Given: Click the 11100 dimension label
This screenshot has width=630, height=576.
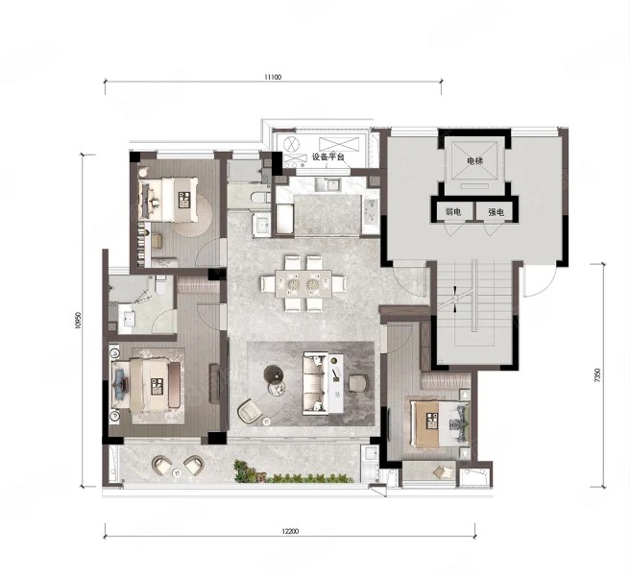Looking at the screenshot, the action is [x=273, y=77].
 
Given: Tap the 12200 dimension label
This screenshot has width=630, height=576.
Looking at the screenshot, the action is [x=290, y=531].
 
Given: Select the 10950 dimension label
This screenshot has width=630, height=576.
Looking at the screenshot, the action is [x=78, y=321].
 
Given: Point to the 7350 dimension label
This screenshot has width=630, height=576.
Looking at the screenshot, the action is [x=597, y=375].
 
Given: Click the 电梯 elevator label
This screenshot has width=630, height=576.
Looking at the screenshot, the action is [x=474, y=161].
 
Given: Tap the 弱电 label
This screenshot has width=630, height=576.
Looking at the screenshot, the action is [x=453, y=212].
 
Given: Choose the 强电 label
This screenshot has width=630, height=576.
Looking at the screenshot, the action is [x=497, y=212].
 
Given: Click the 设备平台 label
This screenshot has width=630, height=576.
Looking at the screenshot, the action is [x=328, y=156].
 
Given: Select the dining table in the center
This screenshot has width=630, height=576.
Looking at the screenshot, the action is [x=303, y=284].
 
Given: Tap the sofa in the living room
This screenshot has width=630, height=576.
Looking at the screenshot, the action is [x=315, y=383].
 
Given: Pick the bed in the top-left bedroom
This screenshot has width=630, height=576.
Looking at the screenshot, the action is [x=168, y=200].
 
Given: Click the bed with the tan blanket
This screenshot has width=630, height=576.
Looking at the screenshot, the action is [x=440, y=424].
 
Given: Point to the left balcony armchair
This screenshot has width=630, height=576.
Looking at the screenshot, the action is [x=162, y=466].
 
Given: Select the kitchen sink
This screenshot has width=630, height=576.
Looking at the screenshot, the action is [x=327, y=184].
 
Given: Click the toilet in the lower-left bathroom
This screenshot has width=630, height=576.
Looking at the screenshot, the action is [x=160, y=285].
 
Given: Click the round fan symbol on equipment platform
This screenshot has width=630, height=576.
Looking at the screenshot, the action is [x=290, y=144].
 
